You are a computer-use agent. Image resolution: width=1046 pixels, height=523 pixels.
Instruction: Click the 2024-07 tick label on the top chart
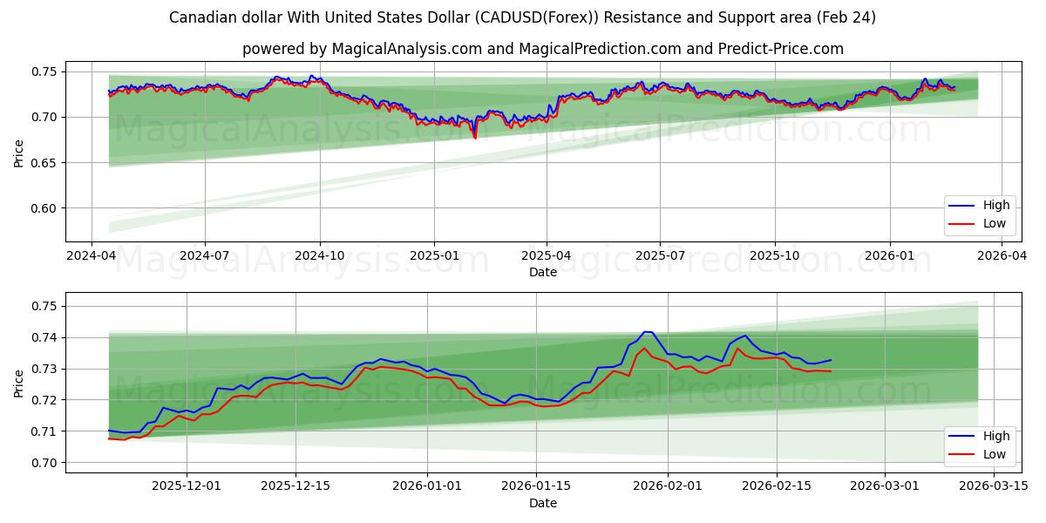pos(205,256)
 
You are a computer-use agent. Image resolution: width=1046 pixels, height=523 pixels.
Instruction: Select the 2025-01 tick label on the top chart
pos(434,256)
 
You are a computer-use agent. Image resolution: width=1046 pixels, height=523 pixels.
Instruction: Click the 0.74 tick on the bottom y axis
pos(44,337)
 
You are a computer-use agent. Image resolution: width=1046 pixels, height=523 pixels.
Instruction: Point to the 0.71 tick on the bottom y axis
pos(44,431)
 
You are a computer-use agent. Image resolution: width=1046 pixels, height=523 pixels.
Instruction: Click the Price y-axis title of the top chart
pos(18,153)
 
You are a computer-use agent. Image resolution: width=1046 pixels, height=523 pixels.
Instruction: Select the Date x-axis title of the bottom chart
pos(542,504)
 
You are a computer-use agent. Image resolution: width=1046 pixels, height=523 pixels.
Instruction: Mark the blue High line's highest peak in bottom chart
pos(646,332)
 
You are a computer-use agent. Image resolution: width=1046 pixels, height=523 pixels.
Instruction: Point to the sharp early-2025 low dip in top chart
pos(475,138)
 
